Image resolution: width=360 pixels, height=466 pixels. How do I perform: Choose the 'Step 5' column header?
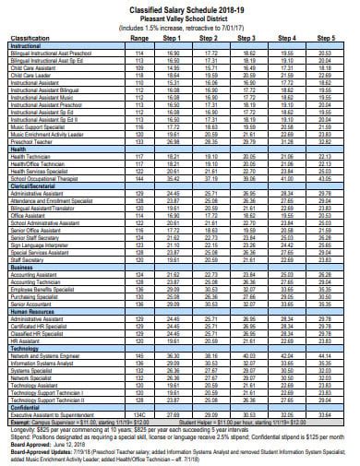(326, 39)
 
